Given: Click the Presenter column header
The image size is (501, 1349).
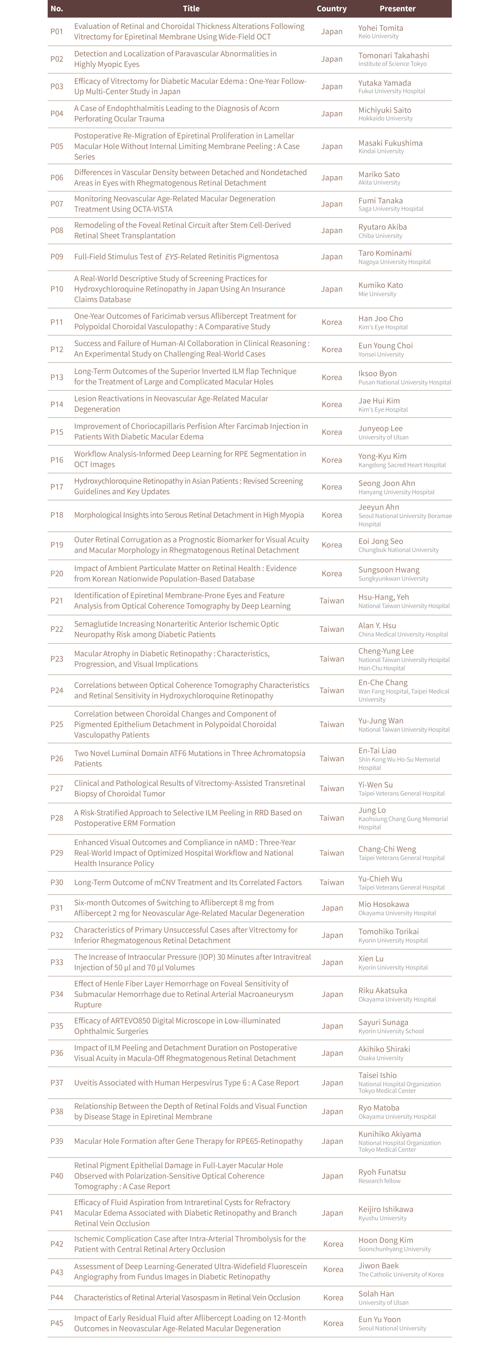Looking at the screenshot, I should click(x=397, y=8).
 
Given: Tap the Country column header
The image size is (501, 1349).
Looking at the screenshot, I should click(x=331, y=8).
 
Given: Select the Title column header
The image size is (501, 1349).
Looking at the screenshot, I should click(x=191, y=8).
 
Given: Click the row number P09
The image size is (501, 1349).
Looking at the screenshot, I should click(x=57, y=257).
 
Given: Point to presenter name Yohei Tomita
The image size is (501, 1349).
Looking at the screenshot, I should click(x=381, y=28).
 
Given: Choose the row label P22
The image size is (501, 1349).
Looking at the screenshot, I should click(x=57, y=629).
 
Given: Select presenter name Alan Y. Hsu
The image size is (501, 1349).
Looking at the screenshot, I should click(x=377, y=625).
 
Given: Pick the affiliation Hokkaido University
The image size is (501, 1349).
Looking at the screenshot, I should click(x=385, y=118).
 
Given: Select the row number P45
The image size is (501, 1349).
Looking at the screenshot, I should click(x=57, y=1323).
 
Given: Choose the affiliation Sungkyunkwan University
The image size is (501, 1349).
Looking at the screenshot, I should click(x=393, y=579).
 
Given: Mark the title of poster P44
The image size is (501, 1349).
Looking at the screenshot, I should click(x=187, y=1298).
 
